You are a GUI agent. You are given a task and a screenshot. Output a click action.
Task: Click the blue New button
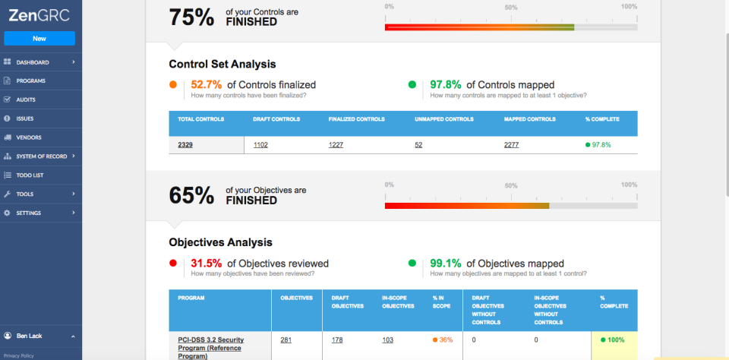pos(39,38)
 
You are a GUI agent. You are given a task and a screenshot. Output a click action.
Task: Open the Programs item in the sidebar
pos(30,81)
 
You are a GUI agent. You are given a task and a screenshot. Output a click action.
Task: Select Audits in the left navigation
pos(26,99)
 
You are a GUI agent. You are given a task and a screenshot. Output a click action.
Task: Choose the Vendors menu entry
pos(28,137)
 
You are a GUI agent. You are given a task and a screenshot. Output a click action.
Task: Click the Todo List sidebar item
pos(30,175)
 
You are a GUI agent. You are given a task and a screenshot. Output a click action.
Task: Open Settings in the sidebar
pos(29,213)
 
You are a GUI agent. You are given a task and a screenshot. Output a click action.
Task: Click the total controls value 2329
pos(185,144)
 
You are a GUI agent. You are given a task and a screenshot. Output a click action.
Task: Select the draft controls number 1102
pos(260,144)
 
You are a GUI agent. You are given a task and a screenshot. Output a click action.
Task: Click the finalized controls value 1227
pos(336,144)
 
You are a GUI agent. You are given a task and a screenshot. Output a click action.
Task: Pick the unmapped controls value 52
pos(418,144)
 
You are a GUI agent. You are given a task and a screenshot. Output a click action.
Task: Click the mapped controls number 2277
pos(512,144)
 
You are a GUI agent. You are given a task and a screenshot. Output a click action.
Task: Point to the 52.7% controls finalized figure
pos(206,84)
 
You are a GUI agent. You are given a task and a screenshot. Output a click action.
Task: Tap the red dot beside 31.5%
pos(173,264)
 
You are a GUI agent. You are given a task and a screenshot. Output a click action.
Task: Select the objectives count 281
pos(286,339)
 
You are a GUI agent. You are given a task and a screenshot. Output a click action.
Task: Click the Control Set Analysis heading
pos(222,64)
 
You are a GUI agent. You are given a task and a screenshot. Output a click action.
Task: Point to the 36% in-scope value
pos(446,339)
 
